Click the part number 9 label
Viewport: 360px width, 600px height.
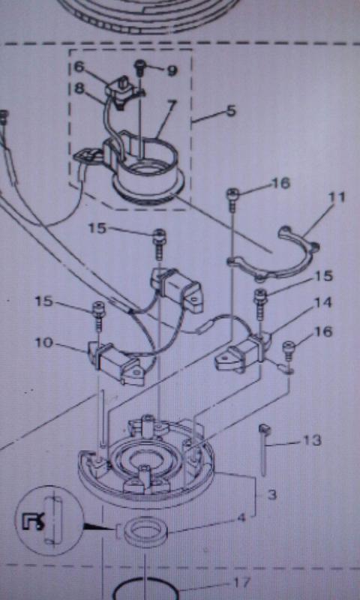(x=172, y=70)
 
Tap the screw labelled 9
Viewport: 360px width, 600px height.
(x=139, y=68)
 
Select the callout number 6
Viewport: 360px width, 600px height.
(x=79, y=67)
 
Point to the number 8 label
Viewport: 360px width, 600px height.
(x=79, y=88)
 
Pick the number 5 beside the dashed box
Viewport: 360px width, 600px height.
(x=231, y=111)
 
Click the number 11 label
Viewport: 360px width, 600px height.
(x=337, y=197)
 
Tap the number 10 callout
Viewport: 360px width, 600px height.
(x=43, y=343)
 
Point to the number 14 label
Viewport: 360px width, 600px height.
(x=322, y=303)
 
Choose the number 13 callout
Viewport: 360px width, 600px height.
(x=312, y=440)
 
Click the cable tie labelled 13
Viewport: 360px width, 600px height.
(x=264, y=449)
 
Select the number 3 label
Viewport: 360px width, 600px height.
(x=271, y=495)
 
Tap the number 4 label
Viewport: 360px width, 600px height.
(x=241, y=519)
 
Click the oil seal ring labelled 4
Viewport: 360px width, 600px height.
(x=146, y=531)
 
